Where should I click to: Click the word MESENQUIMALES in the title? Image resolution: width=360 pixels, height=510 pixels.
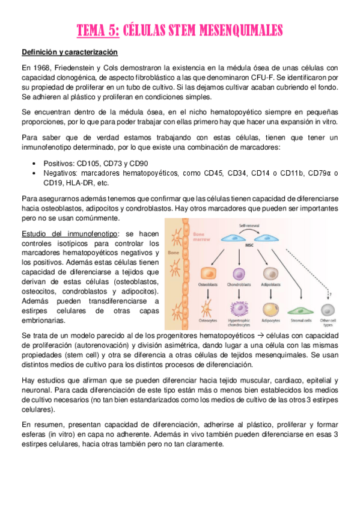tap(239, 30)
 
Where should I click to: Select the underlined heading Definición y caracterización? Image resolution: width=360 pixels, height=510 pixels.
tap(69, 52)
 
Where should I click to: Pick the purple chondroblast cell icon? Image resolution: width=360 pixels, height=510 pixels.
tap(239, 274)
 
